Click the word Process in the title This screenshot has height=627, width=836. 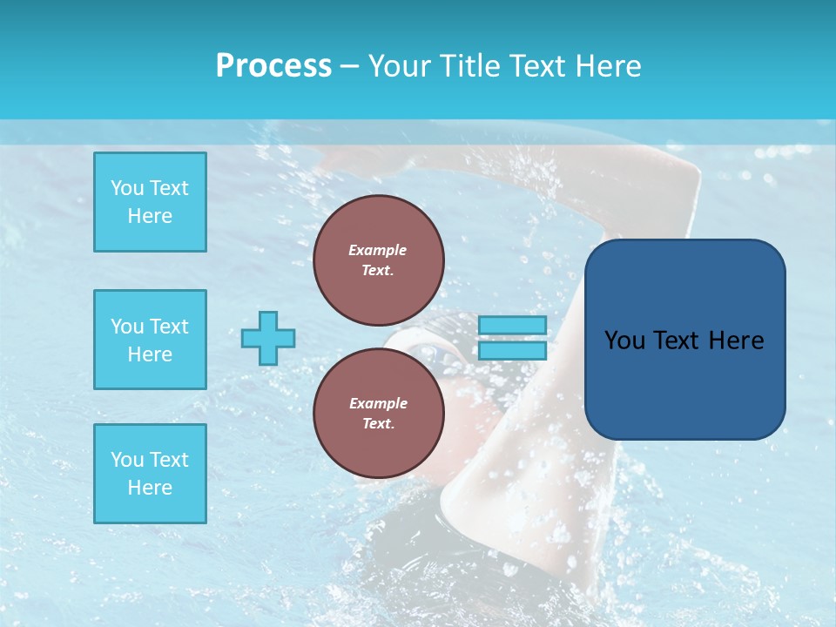click(x=273, y=66)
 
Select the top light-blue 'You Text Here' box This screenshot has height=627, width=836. click(x=150, y=202)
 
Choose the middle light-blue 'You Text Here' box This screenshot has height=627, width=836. click(x=150, y=340)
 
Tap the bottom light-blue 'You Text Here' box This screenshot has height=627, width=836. click(x=150, y=474)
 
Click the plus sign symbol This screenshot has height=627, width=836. click(x=268, y=338)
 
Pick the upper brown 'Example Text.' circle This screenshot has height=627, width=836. click(x=378, y=260)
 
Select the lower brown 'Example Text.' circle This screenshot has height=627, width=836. click(x=378, y=414)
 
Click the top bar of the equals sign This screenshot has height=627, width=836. click(x=513, y=325)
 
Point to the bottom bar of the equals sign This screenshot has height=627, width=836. click(x=513, y=351)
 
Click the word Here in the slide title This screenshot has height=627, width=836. click(x=607, y=66)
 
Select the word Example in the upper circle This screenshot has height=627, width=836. click(x=378, y=250)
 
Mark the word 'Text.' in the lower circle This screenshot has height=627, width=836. click(x=378, y=424)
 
